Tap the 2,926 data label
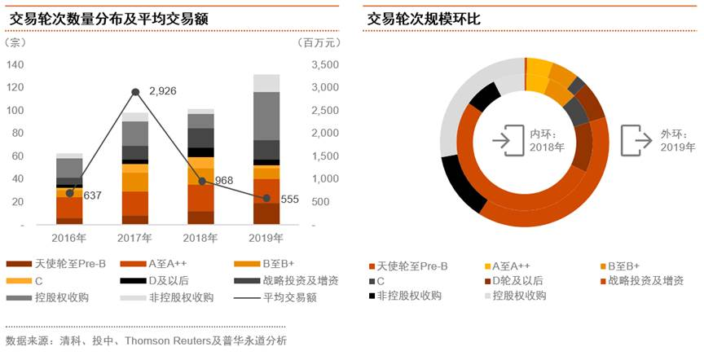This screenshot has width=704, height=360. [x=163, y=91]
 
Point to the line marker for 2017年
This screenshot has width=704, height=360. [x=135, y=92]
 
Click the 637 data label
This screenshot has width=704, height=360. [x=92, y=195]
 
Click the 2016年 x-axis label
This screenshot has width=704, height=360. [x=69, y=239]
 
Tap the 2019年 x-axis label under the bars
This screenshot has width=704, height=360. [x=266, y=239]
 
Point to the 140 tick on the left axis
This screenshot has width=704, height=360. [x=15, y=65]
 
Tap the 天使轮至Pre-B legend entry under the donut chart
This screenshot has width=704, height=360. [x=412, y=266]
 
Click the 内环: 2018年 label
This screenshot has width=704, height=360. [x=547, y=140]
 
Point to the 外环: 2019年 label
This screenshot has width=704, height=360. [x=677, y=140]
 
